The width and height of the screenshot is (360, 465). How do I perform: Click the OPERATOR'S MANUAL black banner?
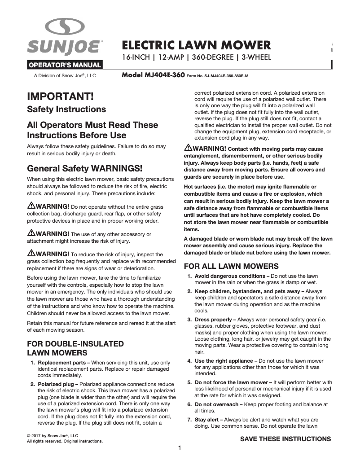[x=65, y=65]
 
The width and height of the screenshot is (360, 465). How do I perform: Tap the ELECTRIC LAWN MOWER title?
[x=197, y=45]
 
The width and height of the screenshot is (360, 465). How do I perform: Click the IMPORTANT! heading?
[x=61, y=97]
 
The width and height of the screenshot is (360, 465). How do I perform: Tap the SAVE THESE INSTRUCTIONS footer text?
[x=285, y=439]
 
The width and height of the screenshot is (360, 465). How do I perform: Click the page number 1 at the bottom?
[x=180, y=448]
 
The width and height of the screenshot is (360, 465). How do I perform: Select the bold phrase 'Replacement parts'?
[x=63, y=362]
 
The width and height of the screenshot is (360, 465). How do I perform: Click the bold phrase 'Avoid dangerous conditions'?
[x=229, y=276]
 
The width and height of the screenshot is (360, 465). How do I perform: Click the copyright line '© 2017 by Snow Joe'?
[x=53, y=435]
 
